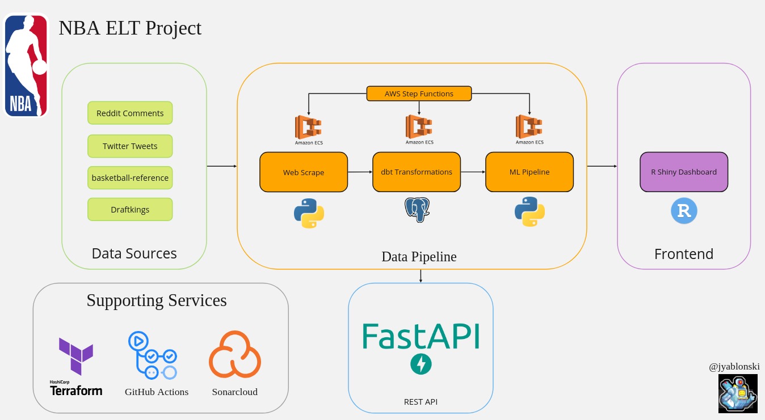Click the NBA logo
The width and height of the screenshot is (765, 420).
[26, 65]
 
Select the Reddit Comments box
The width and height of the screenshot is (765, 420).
[130, 113]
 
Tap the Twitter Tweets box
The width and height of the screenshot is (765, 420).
[130, 146]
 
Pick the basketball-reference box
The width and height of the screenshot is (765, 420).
[130, 177]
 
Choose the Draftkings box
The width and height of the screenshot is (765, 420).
[130, 209]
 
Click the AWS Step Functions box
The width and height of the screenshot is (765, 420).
[419, 94]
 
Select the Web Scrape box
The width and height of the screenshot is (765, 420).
[304, 172]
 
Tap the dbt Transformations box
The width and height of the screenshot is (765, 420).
[417, 172]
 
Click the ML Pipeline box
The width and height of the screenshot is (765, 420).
[529, 172]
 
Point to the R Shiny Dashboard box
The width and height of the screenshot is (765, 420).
[684, 172]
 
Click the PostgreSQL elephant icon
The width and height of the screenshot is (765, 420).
[417, 210]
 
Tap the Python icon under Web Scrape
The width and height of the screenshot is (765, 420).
[309, 213]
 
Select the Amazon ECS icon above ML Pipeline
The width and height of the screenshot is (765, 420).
[529, 127]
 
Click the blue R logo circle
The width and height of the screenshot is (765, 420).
[684, 211]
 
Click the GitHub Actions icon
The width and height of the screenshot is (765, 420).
[153, 356]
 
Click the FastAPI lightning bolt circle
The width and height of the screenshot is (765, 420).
[421, 364]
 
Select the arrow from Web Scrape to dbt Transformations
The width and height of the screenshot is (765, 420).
[360, 172]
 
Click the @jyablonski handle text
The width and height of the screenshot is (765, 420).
[734, 367]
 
